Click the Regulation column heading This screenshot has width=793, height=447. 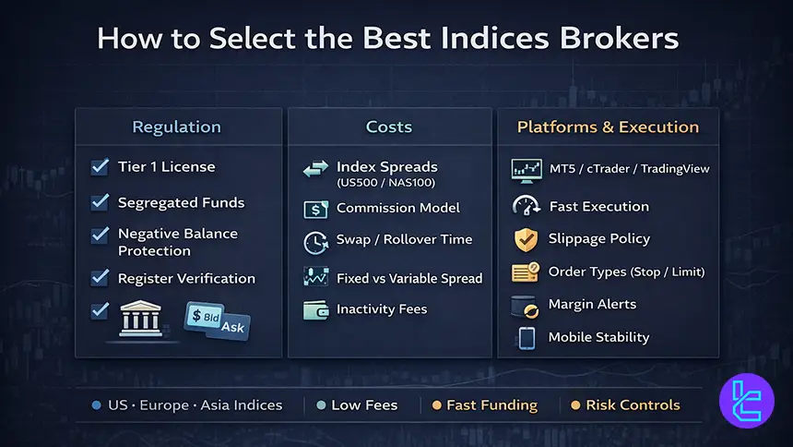coord(176,127)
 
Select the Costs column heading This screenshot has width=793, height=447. coord(388,127)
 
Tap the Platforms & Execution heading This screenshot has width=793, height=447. coord(608,127)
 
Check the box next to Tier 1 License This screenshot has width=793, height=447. coord(101,167)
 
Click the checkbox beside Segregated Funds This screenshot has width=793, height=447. coord(101,201)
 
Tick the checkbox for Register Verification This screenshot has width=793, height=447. coord(101,277)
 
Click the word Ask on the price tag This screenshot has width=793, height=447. coord(230,326)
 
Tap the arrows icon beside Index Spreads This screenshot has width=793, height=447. coord(315,169)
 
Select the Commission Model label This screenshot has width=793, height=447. coord(397,208)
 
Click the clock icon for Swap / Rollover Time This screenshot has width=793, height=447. coord(315,242)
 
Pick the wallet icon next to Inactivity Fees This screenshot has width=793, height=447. coord(315,310)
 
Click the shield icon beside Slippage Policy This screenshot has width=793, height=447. coord(526,239)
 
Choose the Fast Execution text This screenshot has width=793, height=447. coord(598,207)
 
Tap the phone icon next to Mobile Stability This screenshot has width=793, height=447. coord(527,338)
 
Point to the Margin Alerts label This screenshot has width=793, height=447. coord(592,304)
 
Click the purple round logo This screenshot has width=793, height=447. coord(746,403)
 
